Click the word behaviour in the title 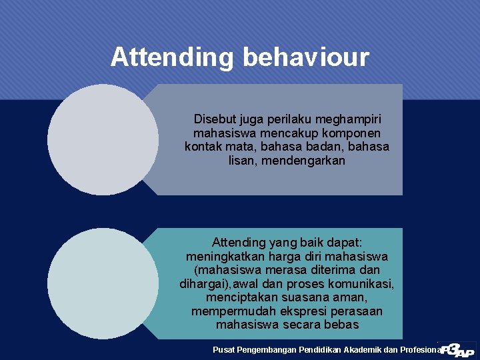[306, 57]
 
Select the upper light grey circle [103, 139]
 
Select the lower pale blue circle [103, 283]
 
